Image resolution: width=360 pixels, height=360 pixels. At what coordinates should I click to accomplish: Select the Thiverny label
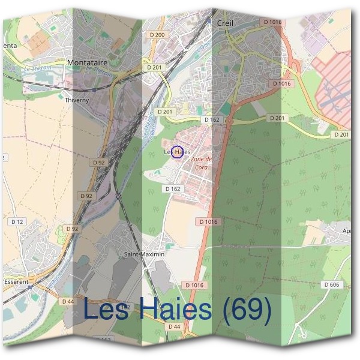coord(77,100)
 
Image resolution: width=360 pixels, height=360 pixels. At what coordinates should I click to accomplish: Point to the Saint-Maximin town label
coord(143,254)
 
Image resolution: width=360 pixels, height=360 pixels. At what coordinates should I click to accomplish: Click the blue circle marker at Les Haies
coord(177,152)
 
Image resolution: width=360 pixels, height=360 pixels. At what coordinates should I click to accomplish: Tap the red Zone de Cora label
coord(201,163)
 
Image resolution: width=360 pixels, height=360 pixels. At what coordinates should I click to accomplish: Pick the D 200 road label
coord(157,35)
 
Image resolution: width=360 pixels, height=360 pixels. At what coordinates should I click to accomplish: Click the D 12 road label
coord(18,222)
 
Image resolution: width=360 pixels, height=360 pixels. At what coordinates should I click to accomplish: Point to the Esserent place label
coord(16,279)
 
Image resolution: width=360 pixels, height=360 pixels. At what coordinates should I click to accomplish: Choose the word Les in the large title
coord(108,310)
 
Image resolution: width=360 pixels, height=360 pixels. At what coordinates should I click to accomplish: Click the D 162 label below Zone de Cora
coord(173,189)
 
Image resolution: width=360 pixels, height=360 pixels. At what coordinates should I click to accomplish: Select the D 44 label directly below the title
coord(174,326)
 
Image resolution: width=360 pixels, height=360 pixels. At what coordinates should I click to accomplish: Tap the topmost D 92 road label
coord(99,162)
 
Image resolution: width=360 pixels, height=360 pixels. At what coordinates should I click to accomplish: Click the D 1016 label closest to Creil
coord(272,22)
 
